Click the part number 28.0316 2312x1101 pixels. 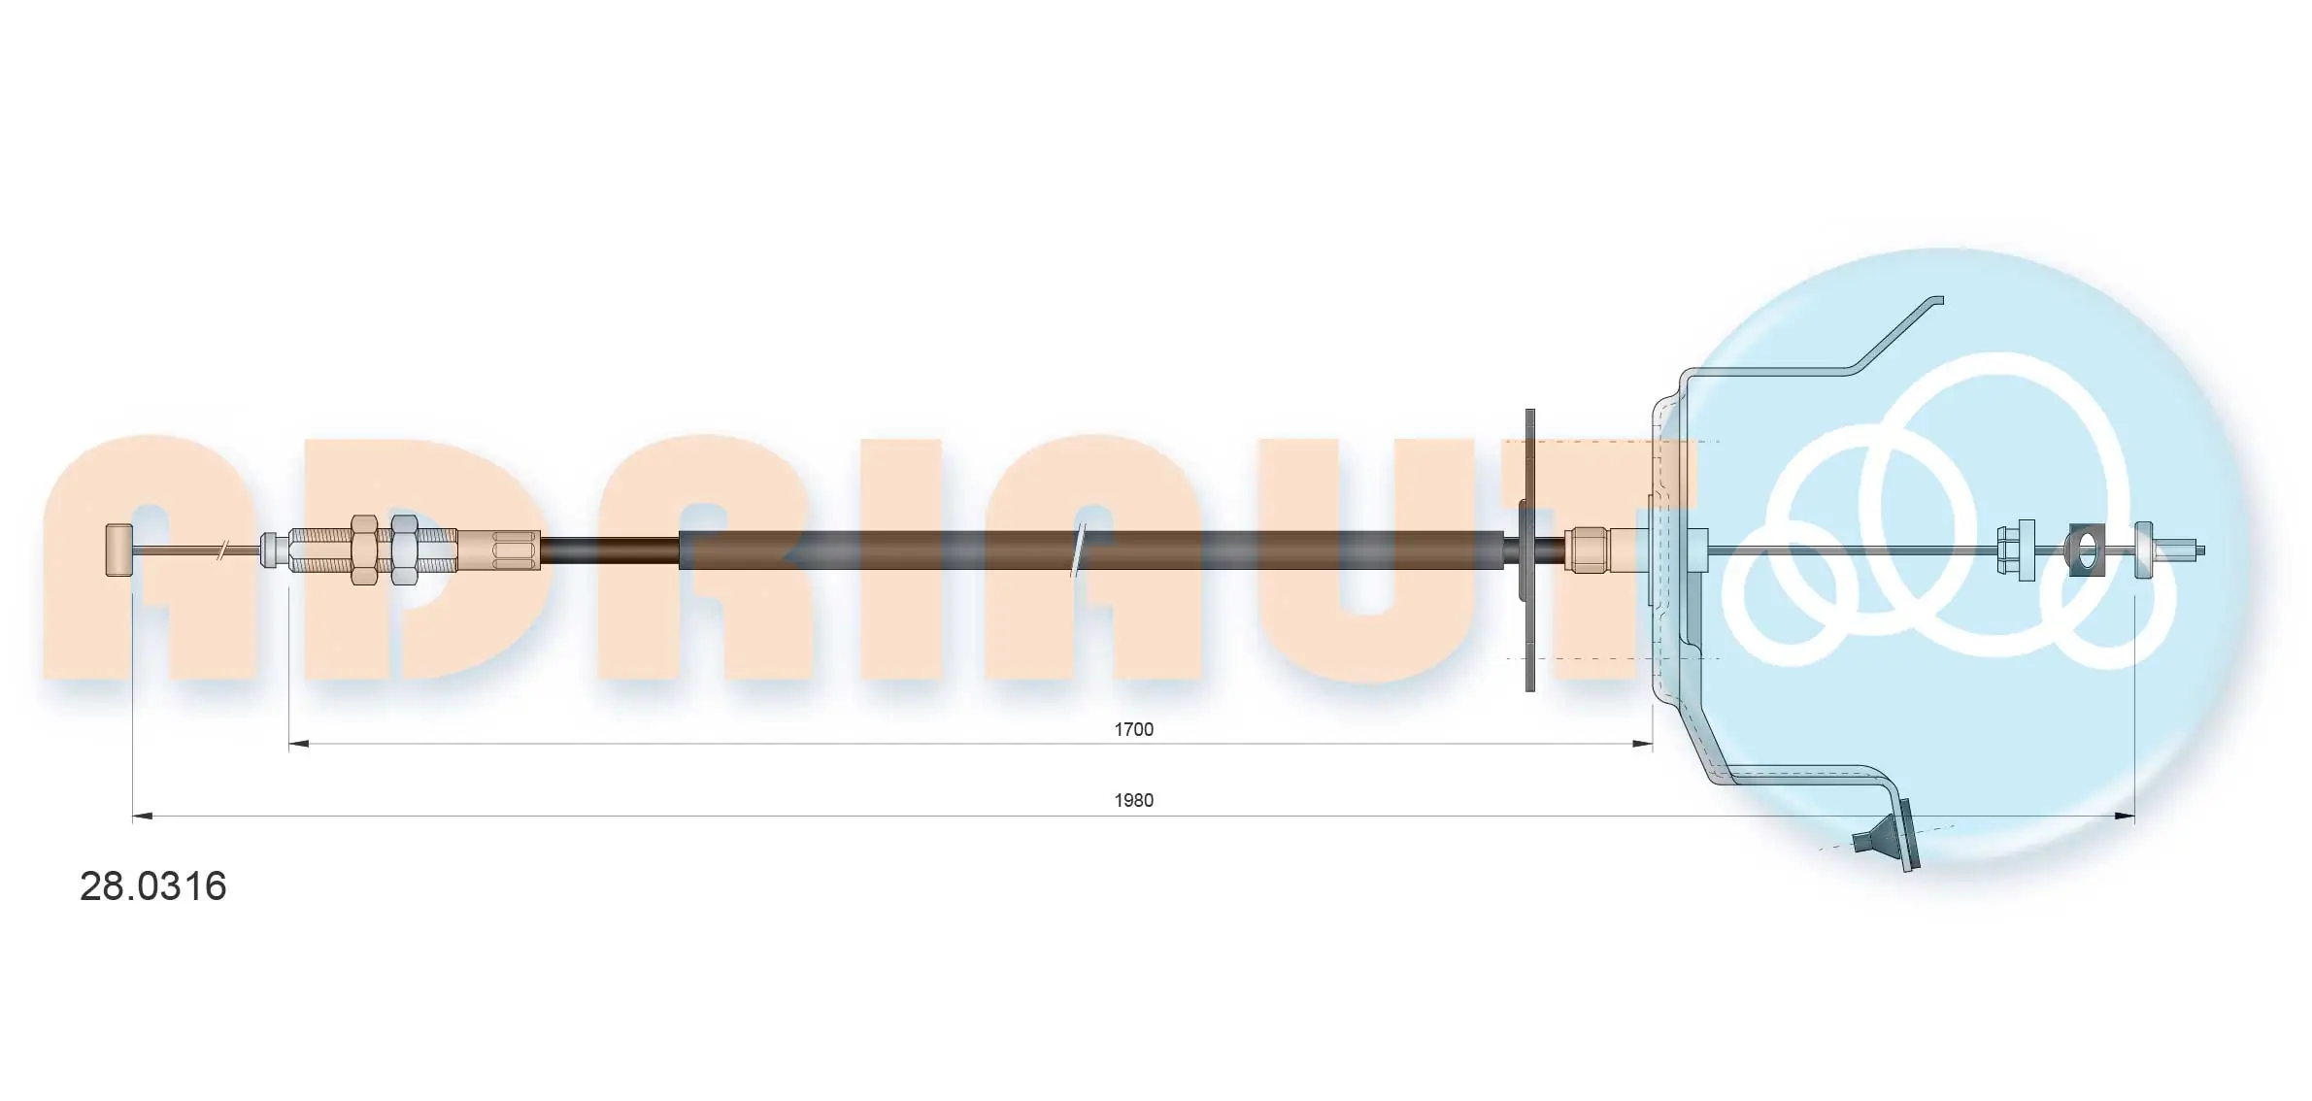pyautogui.click(x=152, y=886)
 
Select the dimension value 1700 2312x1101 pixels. pyautogui.click(x=1133, y=729)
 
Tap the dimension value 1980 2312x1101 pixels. pyautogui.click(x=1133, y=800)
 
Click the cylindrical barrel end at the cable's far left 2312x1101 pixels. pyautogui.click(x=118, y=550)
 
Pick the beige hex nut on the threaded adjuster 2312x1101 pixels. pyautogui.click(x=364, y=550)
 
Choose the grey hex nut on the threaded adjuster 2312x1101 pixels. pyautogui.click(x=404, y=550)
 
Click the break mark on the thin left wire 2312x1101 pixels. pyautogui.click(x=224, y=550)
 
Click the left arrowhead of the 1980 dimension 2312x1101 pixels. pyautogui.click(x=142, y=817)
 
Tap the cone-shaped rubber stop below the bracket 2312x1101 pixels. pyautogui.click(x=1876, y=838)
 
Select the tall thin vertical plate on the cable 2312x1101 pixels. pyautogui.click(x=1530, y=550)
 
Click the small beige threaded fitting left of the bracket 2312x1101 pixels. pyautogui.click(x=1589, y=550)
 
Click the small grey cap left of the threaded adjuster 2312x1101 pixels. pyautogui.click(x=273, y=550)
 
